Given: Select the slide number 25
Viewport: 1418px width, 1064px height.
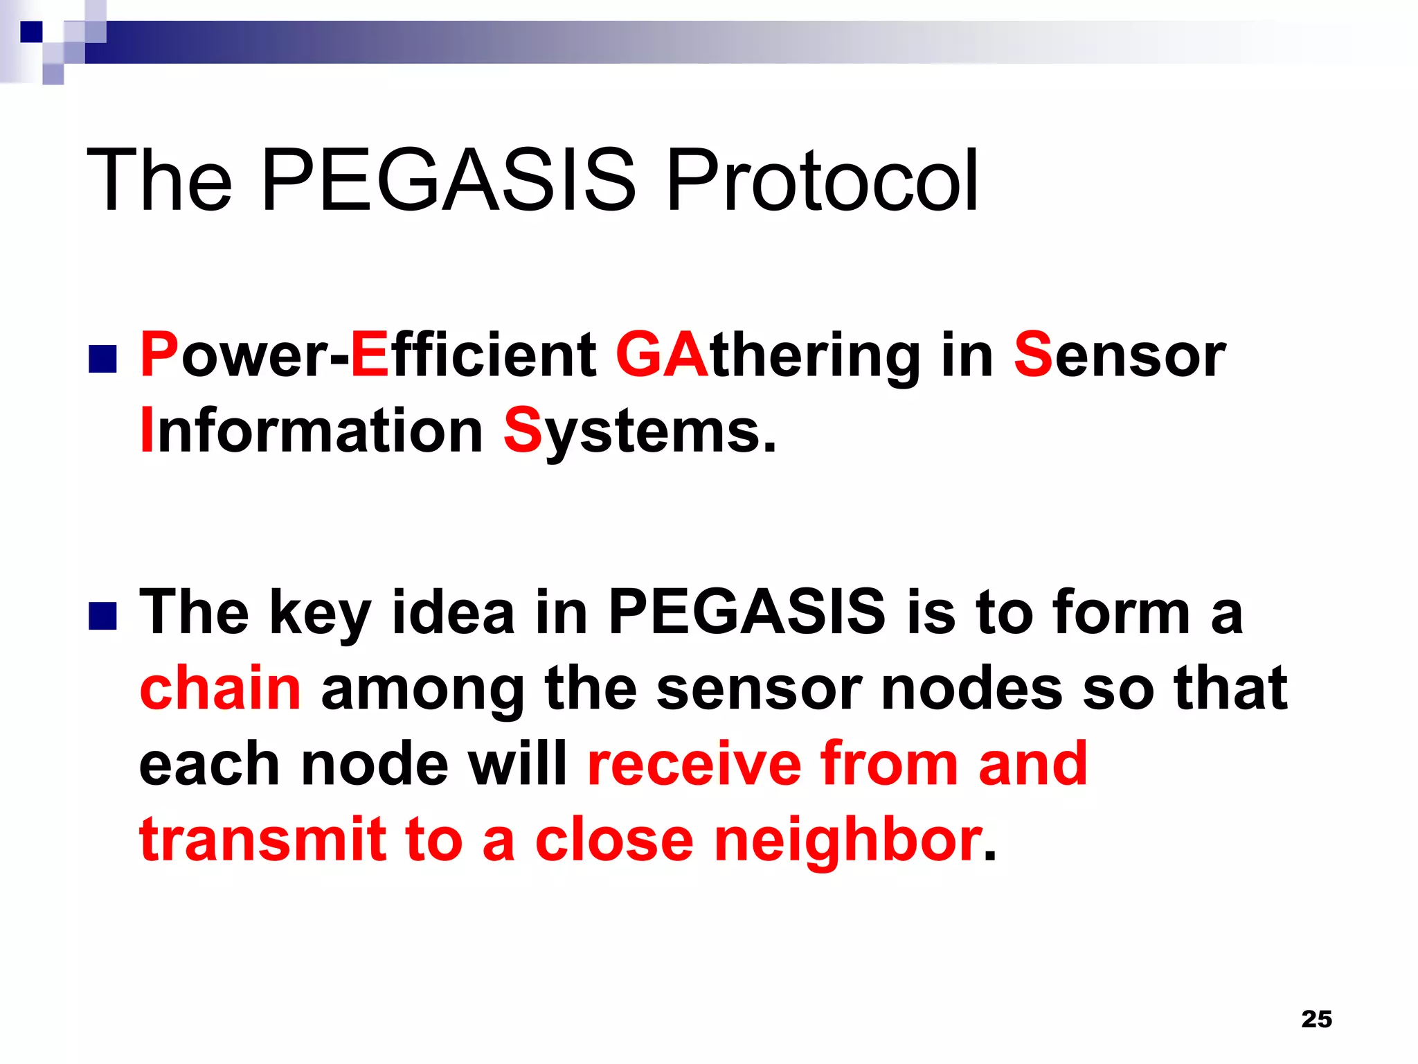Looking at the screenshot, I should coord(1316,1019).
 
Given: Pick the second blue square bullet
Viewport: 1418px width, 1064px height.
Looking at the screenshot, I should coord(102,616).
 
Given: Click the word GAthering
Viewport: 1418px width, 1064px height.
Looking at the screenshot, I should coord(768,356).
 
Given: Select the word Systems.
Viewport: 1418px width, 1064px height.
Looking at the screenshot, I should coord(640,432).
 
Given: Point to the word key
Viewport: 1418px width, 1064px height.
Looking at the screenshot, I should coord(320,614).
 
